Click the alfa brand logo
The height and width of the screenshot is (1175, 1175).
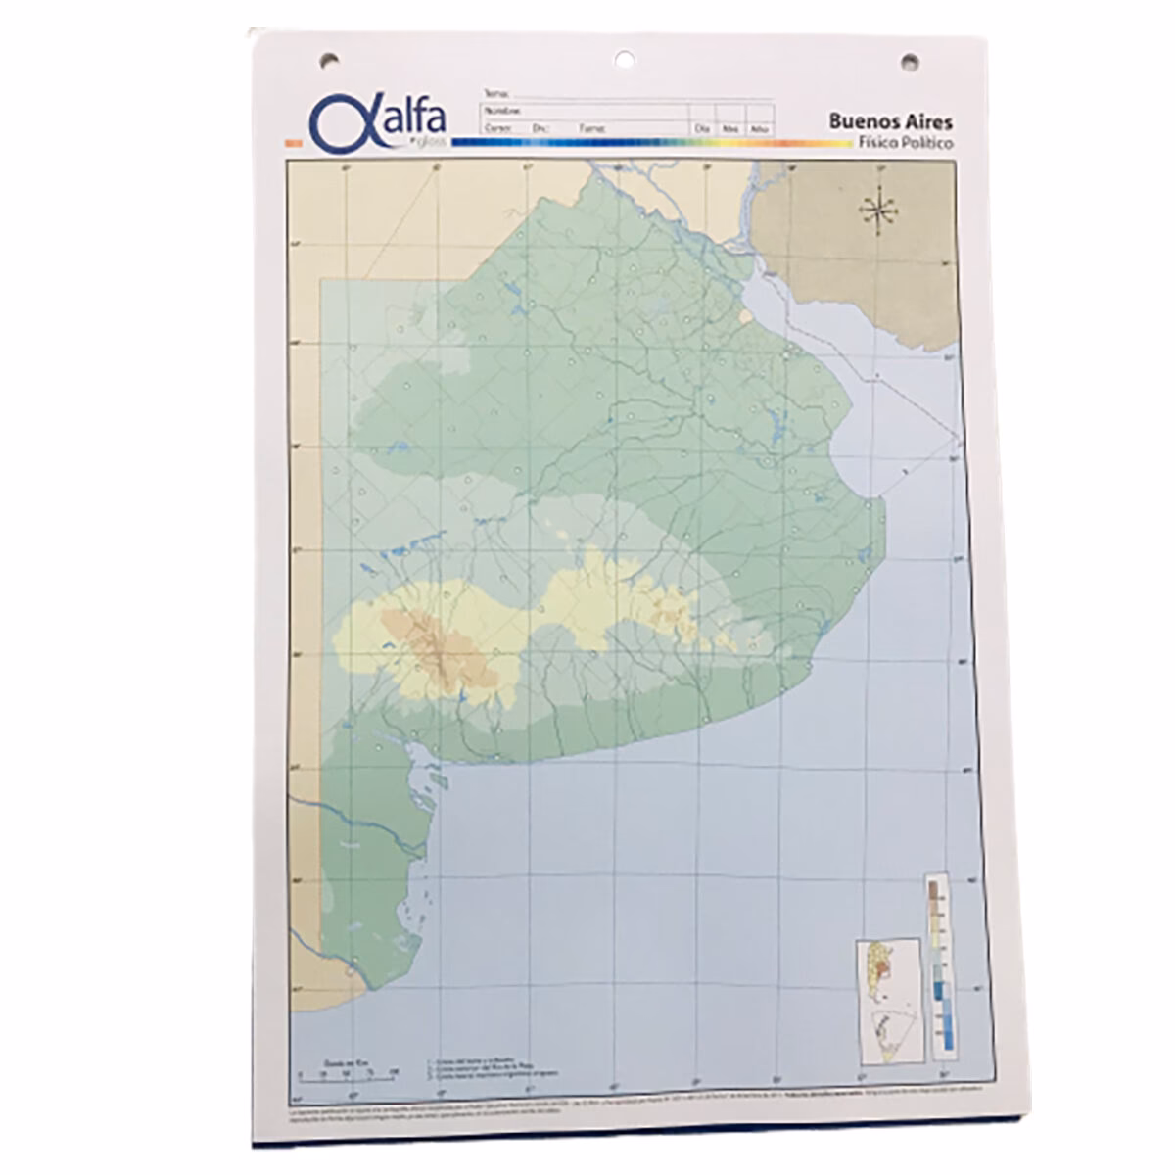click(x=377, y=122)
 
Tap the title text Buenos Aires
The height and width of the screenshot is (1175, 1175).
click(x=890, y=121)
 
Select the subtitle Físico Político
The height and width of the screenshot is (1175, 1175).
click(x=905, y=143)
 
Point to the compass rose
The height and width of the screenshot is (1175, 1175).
click(x=878, y=211)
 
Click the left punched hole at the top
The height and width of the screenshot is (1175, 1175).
click(x=329, y=61)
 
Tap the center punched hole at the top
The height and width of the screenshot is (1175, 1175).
click(x=624, y=60)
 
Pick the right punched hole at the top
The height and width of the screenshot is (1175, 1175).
click(x=909, y=63)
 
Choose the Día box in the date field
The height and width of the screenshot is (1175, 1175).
click(x=701, y=128)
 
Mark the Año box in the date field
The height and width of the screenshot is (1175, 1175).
click(x=759, y=128)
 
